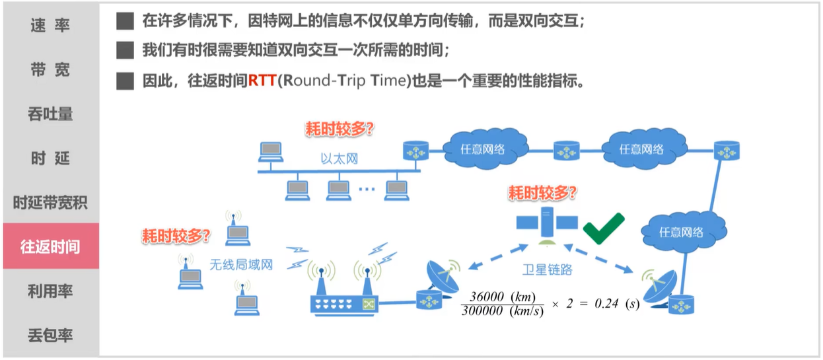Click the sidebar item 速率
[50, 26]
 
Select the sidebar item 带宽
[50, 70]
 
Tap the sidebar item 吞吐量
[50, 114]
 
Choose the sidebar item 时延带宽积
[50, 203]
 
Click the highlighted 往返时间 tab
[50, 246]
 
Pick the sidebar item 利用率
[50, 291]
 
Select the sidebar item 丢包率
[50, 336]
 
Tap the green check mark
[603, 228]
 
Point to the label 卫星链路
[546, 269]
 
